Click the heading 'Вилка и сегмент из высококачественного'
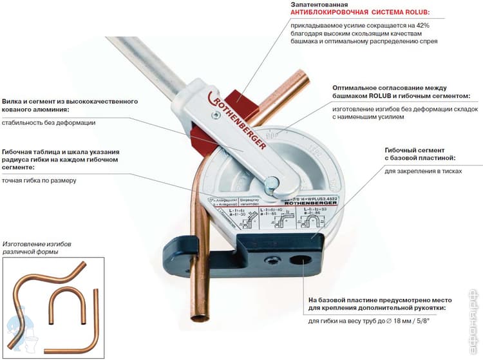[x=70, y=101]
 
